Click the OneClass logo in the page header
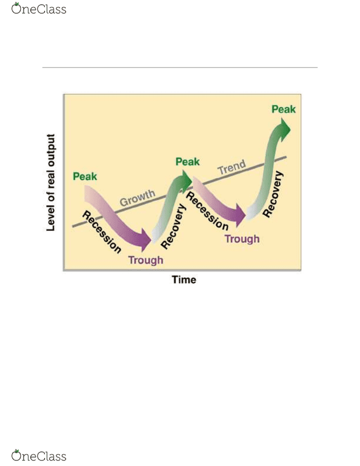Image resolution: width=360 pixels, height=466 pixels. [39, 9]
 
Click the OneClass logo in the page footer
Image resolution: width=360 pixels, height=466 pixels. [39, 455]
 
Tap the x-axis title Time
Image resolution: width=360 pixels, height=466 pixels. [184, 280]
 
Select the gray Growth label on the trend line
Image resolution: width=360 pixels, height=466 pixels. [137, 198]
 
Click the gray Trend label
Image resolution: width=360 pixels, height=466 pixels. [232, 167]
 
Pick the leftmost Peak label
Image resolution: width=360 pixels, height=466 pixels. [85, 177]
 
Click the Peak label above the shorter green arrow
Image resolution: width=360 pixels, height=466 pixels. [188, 162]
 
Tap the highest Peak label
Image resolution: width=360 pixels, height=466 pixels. [284, 109]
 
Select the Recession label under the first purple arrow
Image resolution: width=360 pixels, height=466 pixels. [101, 232]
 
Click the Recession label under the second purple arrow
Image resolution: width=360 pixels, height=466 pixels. [207, 211]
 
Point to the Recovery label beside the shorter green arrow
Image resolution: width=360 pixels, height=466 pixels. [174, 226]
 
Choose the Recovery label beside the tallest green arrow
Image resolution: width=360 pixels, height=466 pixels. [273, 194]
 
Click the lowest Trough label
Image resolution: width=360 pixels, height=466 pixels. [146, 260]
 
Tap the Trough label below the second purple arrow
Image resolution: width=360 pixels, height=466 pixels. [242, 239]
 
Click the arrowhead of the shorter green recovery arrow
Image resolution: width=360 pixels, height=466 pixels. [186, 180]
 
